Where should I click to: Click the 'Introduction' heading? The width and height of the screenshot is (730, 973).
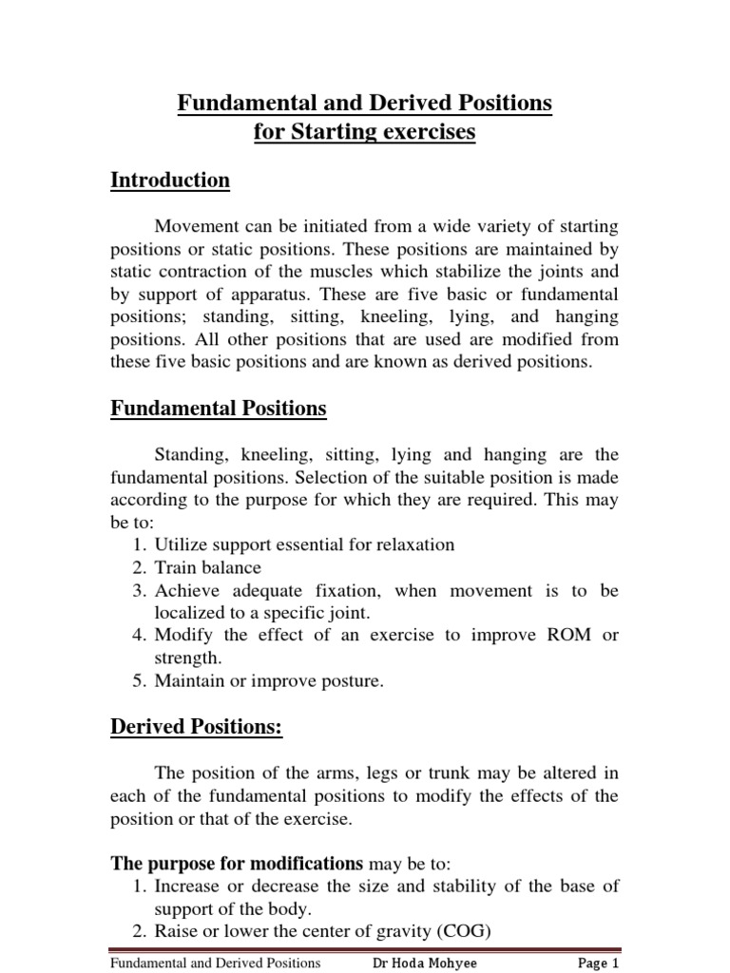tap(170, 181)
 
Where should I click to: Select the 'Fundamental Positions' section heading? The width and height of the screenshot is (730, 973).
tap(219, 409)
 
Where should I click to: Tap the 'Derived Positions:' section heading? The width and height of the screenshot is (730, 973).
tap(196, 727)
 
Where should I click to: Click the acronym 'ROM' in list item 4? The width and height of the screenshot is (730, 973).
tap(556, 636)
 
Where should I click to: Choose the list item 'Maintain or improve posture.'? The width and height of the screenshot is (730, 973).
tap(270, 681)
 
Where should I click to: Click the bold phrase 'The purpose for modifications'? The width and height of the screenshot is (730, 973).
tap(238, 864)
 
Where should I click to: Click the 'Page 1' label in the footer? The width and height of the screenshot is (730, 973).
tap(599, 963)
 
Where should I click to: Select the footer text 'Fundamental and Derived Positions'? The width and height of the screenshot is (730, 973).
tap(216, 963)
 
